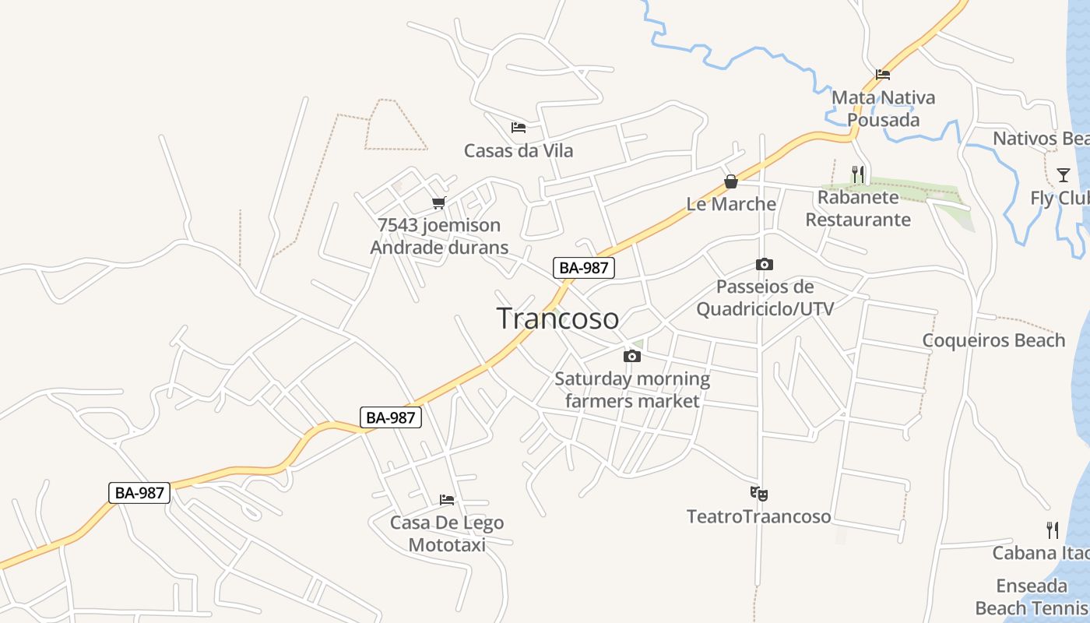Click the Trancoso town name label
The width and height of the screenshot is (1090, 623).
pos(557,319)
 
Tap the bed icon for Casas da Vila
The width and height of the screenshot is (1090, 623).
pos(519,128)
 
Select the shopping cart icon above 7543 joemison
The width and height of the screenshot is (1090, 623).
pos(438,203)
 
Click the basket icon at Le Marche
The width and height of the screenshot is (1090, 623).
pos(731,181)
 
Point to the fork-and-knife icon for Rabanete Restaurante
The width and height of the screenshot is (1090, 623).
pos(858,174)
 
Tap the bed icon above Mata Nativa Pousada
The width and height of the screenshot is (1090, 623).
pos(883,75)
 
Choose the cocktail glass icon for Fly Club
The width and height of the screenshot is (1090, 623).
pos(1064,174)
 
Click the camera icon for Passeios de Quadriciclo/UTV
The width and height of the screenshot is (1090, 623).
pos(765,265)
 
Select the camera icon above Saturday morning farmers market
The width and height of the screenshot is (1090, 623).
pos(632,357)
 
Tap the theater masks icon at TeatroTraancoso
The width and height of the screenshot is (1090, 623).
pos(759,493)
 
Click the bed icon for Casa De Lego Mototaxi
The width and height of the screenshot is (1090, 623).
pos(447,499)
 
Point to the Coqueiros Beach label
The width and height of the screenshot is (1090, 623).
pos(993,340)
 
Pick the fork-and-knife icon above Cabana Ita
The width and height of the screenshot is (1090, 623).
pos(1053,530)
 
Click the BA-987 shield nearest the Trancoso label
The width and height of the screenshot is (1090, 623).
pos(584,268)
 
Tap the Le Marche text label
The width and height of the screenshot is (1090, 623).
pos(731,204)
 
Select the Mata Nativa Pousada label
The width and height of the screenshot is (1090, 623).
pos(883,108)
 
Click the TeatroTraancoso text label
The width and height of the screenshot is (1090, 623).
pos(759,516)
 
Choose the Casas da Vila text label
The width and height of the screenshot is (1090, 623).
pos(519,150)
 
